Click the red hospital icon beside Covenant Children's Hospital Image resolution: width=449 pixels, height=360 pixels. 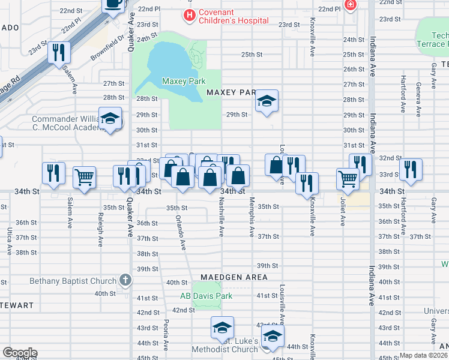point(190,14)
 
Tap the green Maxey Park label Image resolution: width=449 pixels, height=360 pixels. point(184,81)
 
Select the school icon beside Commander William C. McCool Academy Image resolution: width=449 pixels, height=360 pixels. point(110,119)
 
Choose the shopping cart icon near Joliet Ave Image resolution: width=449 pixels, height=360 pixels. point(348,178)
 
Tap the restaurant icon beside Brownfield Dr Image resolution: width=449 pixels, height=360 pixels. point(59,53)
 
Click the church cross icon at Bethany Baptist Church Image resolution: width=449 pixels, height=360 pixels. point(125,280)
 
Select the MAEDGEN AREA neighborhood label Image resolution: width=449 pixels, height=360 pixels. point(237,277)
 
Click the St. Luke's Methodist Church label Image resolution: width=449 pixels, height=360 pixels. point(225,346)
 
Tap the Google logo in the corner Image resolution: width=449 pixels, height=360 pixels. point(20,352)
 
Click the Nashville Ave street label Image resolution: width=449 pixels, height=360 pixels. point(221,217)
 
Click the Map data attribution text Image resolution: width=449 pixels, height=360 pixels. point(424,355)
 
